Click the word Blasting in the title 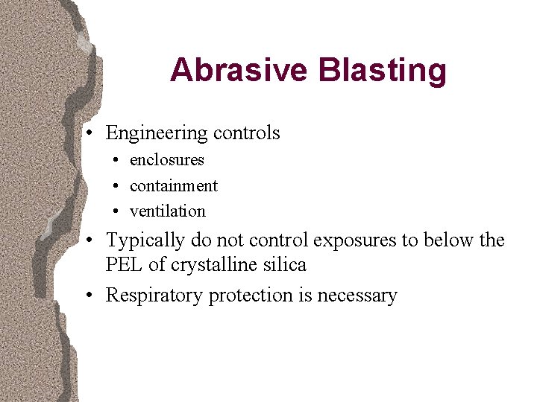(x=382, y=71)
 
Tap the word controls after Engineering (x=246, y=133)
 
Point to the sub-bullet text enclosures (x=166, y=160)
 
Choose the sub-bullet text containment (x=173, y=185)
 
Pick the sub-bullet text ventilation (x=167, y=211)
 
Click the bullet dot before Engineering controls (x=89, y=134)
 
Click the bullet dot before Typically (x=89, y=241)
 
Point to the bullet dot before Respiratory (x=89, y=296)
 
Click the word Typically (x=145, y=241)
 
